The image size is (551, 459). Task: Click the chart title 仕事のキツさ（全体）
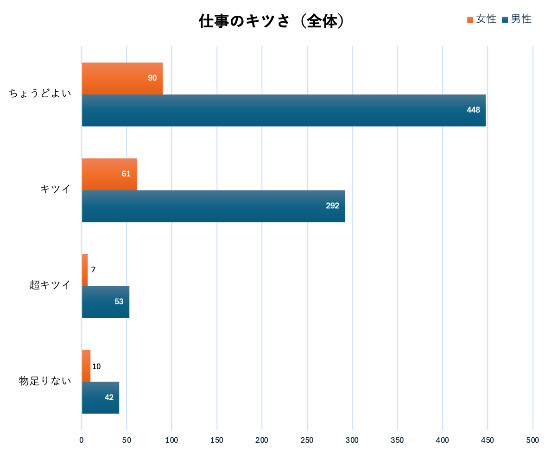click(x=272, y=22)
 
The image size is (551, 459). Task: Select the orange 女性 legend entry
click(x=481, y=19)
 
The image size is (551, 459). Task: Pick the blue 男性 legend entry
click(x=516, y=19)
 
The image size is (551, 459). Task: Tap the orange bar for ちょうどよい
click(x=122, y=78)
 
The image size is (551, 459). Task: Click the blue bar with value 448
click(x=284, y=110)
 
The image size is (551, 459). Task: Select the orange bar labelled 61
click(x=109, y=174)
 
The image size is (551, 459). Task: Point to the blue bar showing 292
click(x=213, y=206)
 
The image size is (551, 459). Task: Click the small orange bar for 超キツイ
click(x=85, y=270)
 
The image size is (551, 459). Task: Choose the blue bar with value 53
click(x=105, y=302)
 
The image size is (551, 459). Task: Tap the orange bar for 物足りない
click(x=86, y=365)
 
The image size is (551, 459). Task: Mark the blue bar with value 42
click(x=100, y=397)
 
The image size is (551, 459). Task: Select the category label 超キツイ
click(x=50, y=285)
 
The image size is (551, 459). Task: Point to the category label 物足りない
click(x=45, y=381)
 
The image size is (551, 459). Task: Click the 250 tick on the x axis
click(x=307, y=440)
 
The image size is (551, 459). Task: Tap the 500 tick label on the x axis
click(x=533, y=440)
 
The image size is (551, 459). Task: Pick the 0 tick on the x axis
click(x=82, y=440)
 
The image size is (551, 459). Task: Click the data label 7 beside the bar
click(x=93, y=270)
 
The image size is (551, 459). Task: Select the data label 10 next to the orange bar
click(x=96, y=366)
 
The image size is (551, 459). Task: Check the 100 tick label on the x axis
click(x=171, y=440)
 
